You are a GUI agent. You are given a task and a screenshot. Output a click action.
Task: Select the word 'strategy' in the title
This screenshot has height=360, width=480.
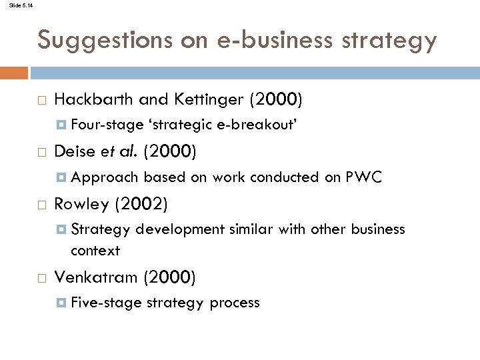click(397, 41)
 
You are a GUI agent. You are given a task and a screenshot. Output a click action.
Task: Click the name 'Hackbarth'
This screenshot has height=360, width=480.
click(94, 100)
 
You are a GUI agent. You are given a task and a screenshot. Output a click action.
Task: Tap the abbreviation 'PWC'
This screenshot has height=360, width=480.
click(363, 177)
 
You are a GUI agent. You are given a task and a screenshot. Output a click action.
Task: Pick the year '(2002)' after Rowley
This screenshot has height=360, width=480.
click(142, 203)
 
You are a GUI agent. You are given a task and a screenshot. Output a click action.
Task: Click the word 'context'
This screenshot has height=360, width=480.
click(95, 251)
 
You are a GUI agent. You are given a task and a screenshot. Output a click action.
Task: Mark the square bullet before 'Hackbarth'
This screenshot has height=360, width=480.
click(41, 101)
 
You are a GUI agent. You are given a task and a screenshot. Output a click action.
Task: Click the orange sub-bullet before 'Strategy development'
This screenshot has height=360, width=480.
click(62, 229)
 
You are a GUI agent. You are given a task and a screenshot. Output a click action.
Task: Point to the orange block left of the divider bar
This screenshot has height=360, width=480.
click(14, 72)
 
